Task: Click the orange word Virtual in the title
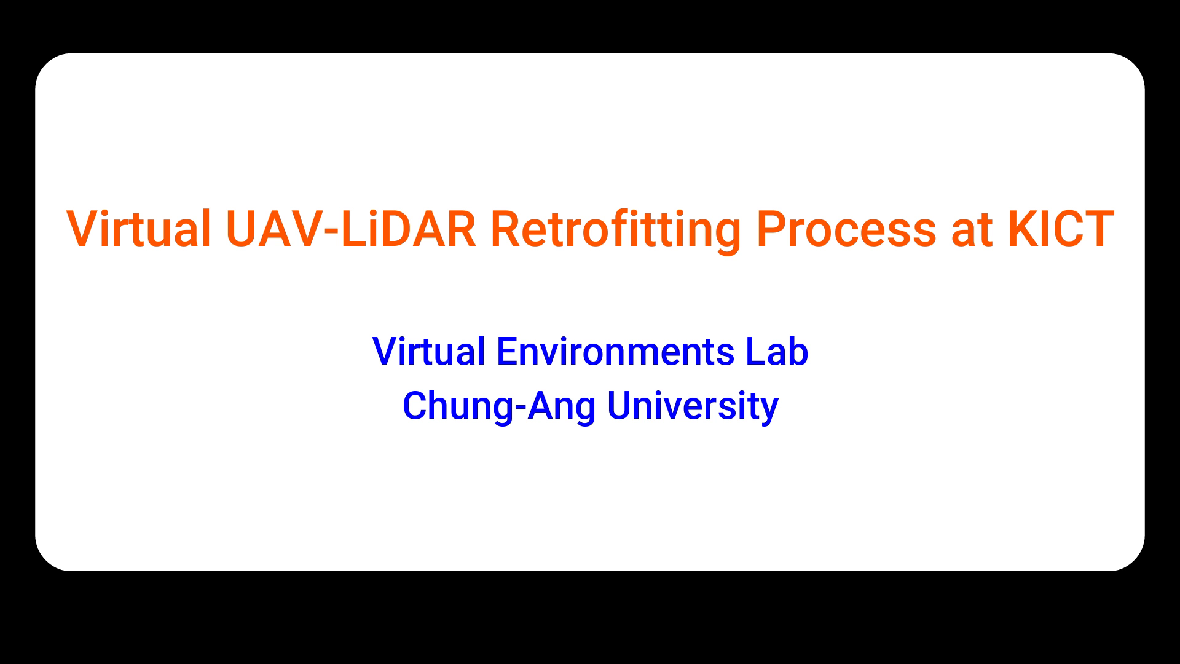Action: coord(139,229)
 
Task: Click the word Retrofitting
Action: coord(616,231)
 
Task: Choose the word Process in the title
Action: coord(847,229)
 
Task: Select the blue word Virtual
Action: coord(428,351)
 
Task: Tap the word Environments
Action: coord(615,352)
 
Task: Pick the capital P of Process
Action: coord(771,229)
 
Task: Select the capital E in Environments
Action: coord(508,352)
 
